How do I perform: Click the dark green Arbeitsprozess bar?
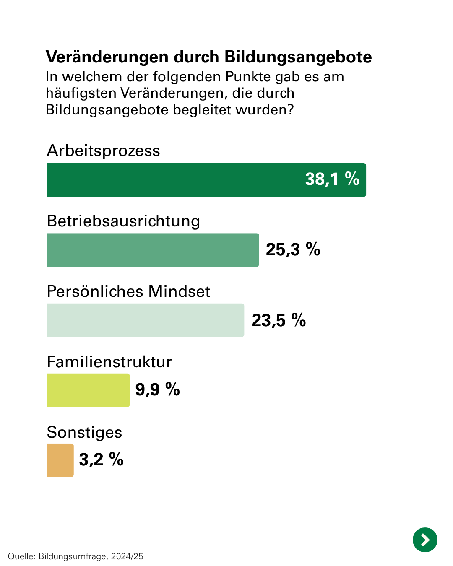(176, 180)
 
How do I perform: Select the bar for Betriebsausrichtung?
(153, 250)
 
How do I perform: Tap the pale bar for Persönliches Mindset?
(145, 320)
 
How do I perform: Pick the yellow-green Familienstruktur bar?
(88, 390)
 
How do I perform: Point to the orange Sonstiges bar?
(60, 460)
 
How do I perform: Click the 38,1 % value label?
(332, 179)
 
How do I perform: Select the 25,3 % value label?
(293, 249)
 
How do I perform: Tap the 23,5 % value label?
(279, 320)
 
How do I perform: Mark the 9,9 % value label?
(157, 389)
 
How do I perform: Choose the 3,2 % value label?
(101, 460)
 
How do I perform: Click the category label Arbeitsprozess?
(103, 151)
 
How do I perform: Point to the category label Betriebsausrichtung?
(123, 221)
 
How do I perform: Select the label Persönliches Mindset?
(128, 291)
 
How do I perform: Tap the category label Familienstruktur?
(109, 362)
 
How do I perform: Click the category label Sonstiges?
(84, 432)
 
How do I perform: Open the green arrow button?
(425, 540)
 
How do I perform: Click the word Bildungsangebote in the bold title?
(298, 57)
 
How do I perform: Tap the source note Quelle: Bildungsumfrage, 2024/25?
(75, 556)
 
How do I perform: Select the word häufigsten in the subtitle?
(81, 93)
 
